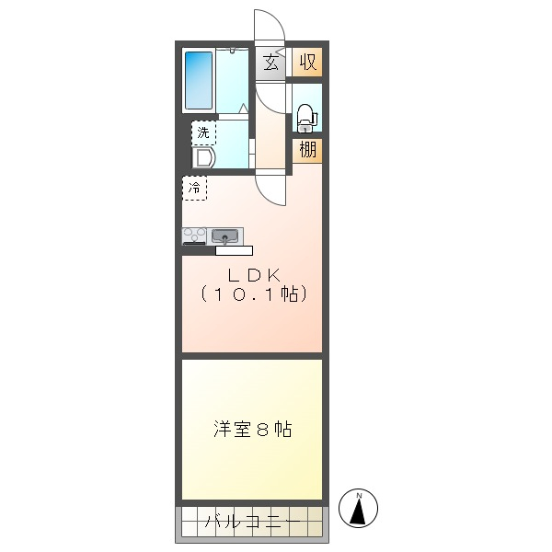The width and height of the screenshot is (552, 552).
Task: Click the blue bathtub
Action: coord(199,81)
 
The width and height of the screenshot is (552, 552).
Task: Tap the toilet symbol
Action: coord(307,117)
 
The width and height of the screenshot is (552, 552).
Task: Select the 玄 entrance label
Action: coord(270,63)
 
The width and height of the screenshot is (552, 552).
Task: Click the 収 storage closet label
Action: coord(307,62)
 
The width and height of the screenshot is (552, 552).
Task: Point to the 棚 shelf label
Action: coord(307,150)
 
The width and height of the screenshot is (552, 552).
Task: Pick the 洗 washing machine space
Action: coord(203,132)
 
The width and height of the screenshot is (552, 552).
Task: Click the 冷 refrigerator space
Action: coord(194,188)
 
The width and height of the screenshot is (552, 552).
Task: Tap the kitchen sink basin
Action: coord(225,236)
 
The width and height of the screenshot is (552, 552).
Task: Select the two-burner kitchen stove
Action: coord(194,236)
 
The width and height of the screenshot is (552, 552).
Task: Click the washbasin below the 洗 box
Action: coord(203,157)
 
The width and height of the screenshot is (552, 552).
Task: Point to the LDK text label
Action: coord(254,275)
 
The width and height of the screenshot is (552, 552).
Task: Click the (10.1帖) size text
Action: coord(254,294)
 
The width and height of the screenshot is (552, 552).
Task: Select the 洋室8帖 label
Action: coord(252,429)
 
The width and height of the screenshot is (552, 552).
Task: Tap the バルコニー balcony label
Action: coord(253,521)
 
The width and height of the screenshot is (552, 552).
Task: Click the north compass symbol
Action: coord(358,508)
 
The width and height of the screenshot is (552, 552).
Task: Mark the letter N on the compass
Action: coord(360,496)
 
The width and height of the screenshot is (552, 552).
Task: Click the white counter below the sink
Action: coord(234,250)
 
